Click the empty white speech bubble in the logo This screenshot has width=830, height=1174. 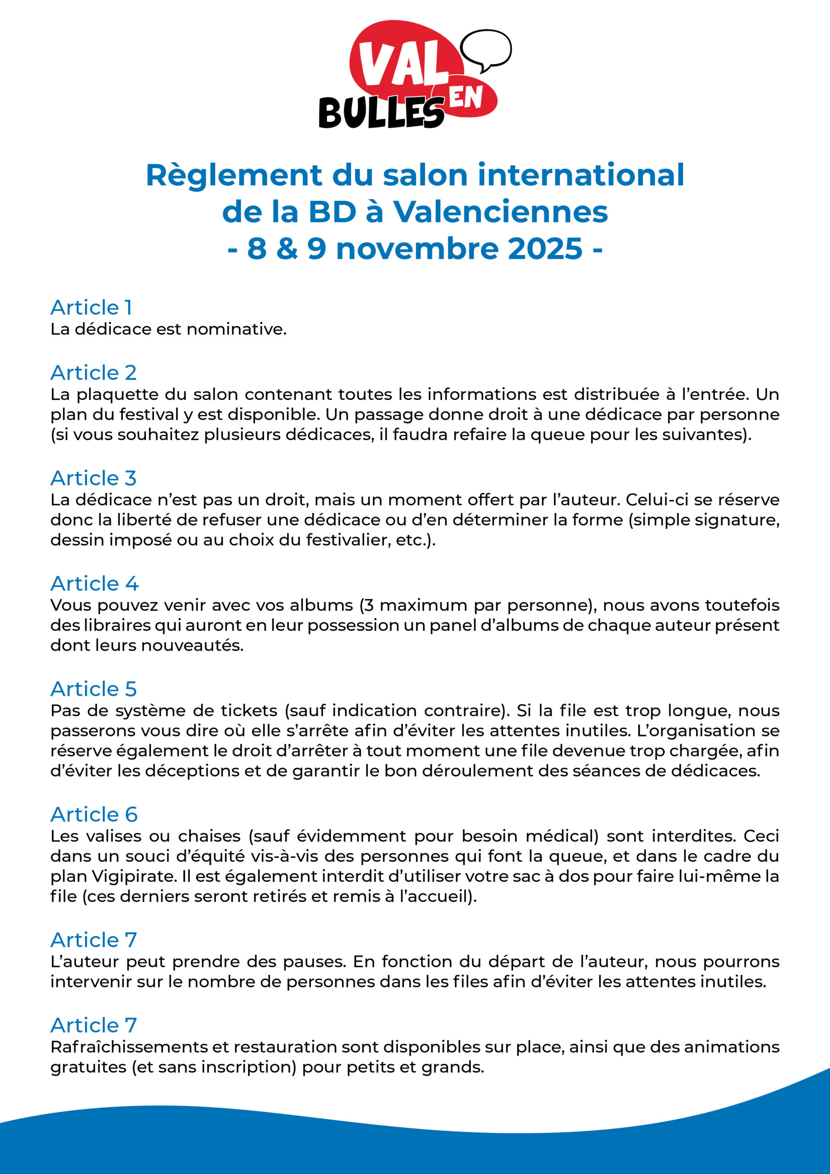click(x=485, y=49)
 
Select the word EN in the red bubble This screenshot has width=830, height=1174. click(x=466, y=97)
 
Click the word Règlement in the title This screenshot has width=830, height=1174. click(x=234, y=175)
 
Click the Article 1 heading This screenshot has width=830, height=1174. click(x=92, y=307)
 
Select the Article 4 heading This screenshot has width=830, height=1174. click(x=94, y=583)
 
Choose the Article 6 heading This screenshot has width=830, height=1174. click(x=94, y=814)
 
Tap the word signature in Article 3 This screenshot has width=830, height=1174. click(x=734, y=520)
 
